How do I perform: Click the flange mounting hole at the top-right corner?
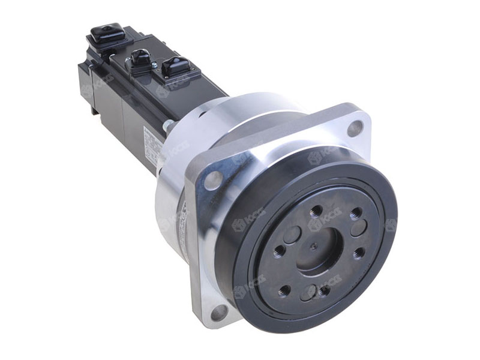point(355,127)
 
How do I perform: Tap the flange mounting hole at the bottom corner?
point(220,311)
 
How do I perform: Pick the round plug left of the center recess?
point(292,235)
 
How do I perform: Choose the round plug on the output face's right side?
point(358,229)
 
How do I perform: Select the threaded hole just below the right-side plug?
point(358,254)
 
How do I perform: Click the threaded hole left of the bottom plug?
point(284,290)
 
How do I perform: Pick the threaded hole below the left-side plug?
point(279,251)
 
